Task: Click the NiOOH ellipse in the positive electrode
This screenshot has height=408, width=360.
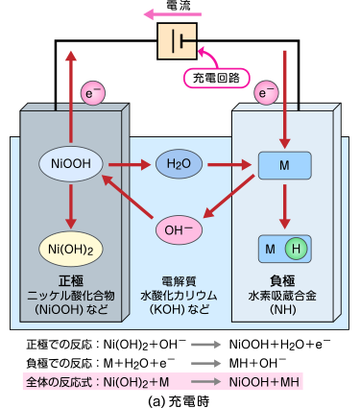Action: tap(72, 165)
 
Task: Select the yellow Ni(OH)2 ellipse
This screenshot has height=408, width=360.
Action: tap(72, 249)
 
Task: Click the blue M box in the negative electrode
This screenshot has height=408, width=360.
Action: tap(285, 165)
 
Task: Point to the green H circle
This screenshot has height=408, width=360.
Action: tap(296, 249)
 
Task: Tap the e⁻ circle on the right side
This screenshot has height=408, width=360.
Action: tap(265, 93)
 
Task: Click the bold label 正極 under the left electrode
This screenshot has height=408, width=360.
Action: tap(71, 280)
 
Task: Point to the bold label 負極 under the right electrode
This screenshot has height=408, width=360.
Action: tap(285, 280)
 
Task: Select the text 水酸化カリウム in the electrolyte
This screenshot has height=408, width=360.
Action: tap(179, 296)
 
